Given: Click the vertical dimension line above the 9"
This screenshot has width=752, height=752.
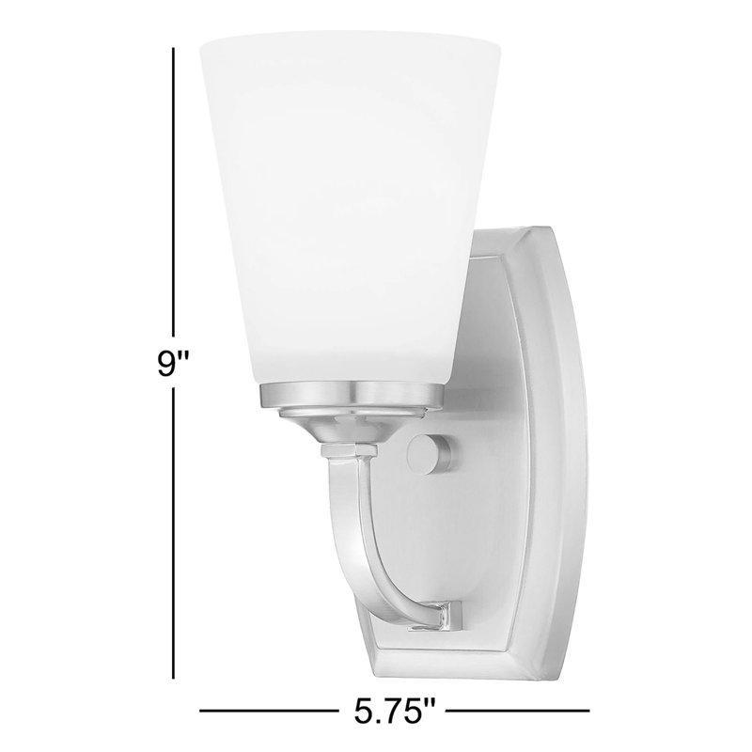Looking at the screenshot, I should pyautogui.click(x=174, y=188).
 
